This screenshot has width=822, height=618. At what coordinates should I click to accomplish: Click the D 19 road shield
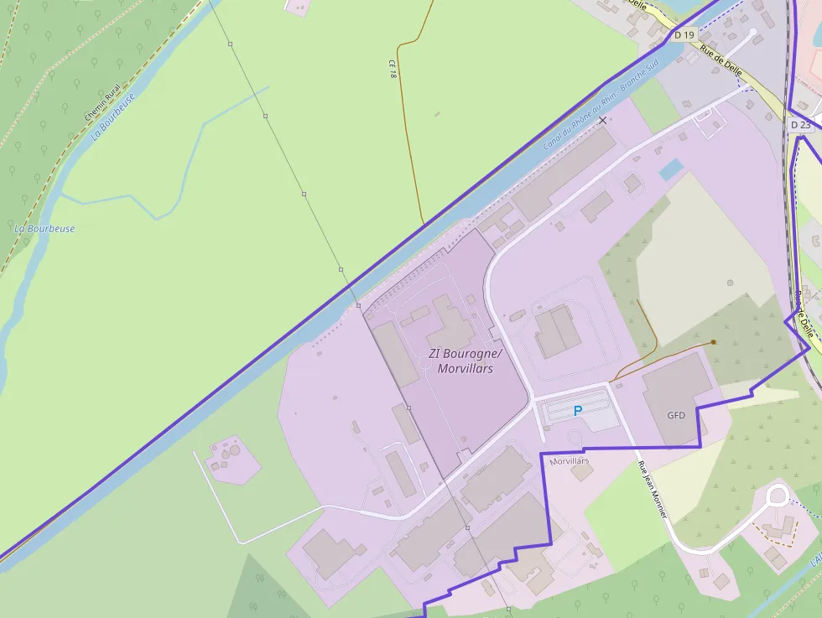pyautogui.click(x=684, y=35)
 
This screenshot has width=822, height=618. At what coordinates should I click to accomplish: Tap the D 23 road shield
pyautogui.click(x=801, y=125)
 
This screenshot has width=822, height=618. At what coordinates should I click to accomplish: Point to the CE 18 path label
pyautogui.click(x=393, y=70)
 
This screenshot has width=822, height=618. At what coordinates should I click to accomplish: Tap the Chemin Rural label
pyautogui.click(x=102, y=101)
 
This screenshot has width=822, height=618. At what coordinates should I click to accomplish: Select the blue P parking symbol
pyautogui.click(x=577, y=411)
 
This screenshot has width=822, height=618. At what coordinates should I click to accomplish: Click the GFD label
pyautogui.click(x=676, y=415)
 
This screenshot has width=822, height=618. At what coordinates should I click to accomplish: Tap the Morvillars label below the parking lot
pyautogui.click(x=570, y=461)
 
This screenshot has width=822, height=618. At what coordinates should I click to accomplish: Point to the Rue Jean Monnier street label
pyautogui.click(x=652, y=490)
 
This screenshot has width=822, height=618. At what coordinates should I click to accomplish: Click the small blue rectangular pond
pyautogui.click(x=670, y=170)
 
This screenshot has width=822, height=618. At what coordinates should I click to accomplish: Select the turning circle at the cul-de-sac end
pyautogui.click(x=777, y=495)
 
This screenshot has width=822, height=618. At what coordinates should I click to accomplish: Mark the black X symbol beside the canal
pyautogui.click(x=602, y=121)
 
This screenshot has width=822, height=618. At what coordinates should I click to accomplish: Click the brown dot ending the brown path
pyautogui.click(x=713, y=342)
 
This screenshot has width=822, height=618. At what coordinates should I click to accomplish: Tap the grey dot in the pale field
pyautogui.click(x=730, y=283)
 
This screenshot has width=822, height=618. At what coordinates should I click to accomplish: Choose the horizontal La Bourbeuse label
pyautogui.click(x=44, y=228)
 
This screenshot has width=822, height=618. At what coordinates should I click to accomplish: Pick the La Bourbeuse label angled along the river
pyautogui.click(x=112, y=116)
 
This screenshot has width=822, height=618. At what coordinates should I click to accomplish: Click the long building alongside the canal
pyautogui.click(x=563, y=165)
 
